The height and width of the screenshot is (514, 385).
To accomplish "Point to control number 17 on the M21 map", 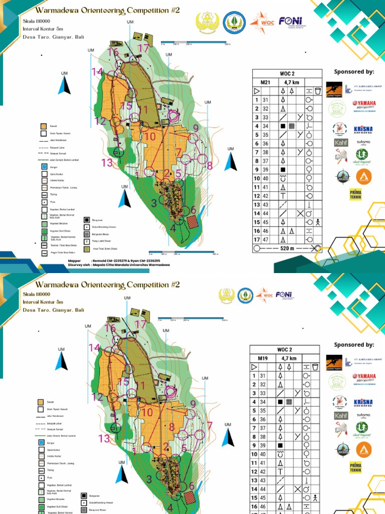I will click(144, 49).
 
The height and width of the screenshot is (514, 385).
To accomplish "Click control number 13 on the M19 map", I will click(104, 439).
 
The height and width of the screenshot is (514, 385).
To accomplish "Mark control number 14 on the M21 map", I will click(97, 72).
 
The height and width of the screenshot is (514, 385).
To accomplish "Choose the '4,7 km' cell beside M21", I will click(291, 82).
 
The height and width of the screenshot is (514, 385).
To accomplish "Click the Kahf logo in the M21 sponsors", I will click(340, 143).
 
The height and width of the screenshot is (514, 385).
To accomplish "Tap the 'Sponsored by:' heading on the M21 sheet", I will click(354, 71).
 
